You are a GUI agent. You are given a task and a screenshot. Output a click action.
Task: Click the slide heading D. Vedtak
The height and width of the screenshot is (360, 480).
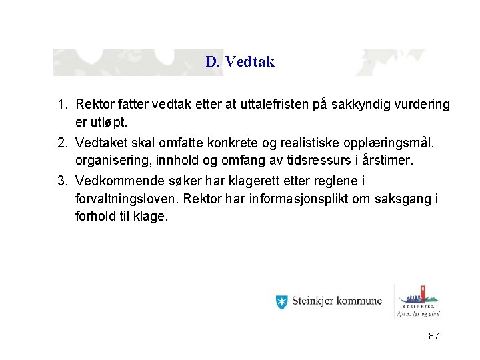coord(240,62)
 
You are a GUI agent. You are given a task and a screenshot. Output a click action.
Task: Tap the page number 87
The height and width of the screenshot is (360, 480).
coord(433,337)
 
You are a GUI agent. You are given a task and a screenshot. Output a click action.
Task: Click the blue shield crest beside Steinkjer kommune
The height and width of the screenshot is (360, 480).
coord(281,301)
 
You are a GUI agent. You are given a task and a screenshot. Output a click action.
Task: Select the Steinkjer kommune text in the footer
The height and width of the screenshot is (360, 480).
coord(337,301)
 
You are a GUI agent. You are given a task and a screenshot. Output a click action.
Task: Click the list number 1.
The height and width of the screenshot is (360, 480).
coord(62,105)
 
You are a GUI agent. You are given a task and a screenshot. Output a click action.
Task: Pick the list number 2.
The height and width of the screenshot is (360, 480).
coord(62,143)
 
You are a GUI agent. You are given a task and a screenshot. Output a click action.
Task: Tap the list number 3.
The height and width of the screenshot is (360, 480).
coord(62,181)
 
